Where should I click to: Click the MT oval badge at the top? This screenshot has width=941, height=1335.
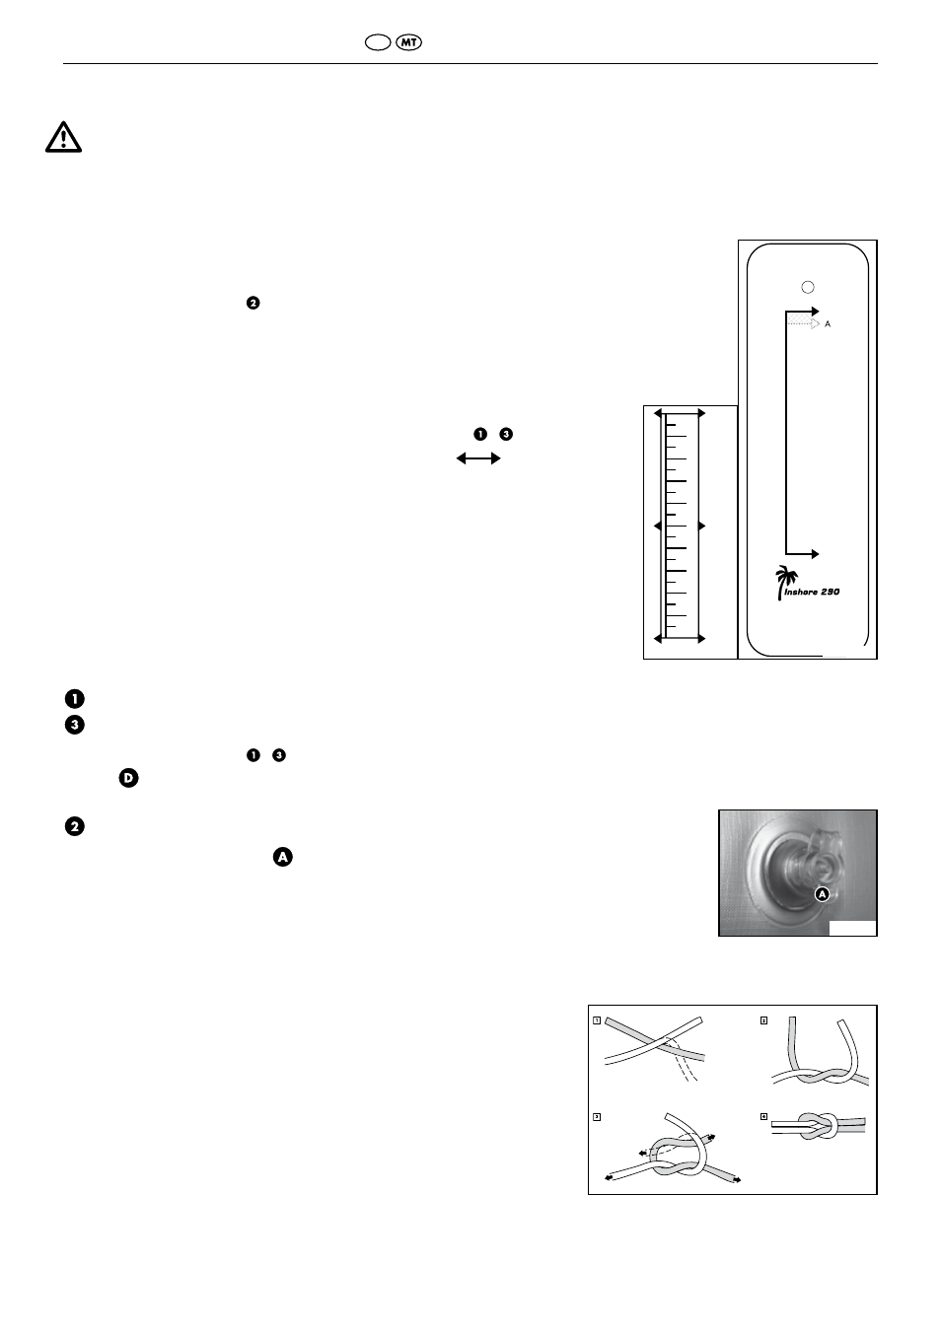(x=408, y=42)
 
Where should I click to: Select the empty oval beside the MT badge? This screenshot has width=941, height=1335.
(x=378, y=42)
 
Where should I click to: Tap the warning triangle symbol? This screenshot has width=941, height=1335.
(x=64, y=137)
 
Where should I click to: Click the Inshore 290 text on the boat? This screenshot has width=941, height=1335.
(x=812, y=592)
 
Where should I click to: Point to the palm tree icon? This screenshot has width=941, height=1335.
(x=785, y=583)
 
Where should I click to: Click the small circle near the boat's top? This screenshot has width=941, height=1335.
(x=808, y=287)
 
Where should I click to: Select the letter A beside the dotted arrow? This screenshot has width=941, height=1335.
(x=828, y=324)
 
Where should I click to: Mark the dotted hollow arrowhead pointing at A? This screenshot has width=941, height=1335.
(x=816, y=324)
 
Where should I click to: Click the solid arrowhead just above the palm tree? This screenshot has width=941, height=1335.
(x=815, y=554)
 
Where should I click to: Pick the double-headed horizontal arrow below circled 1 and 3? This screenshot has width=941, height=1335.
(x=478, y=458)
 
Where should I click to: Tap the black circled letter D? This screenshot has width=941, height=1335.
(x=129, y=778)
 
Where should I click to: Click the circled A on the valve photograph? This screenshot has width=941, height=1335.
(x=822, y=894)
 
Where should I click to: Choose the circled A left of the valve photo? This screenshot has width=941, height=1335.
(x=283, y=857)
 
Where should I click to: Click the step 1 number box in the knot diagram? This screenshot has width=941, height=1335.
(x=597, y=1020)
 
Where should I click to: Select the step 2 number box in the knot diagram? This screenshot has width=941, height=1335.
(x=763, y=1020)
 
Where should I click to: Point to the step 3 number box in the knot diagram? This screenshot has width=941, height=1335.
(x=597, y=1117)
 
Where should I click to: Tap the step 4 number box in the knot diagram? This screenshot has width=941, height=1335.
(x=763, y=1116)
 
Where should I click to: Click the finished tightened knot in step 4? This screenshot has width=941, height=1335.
(x=818, y=1126)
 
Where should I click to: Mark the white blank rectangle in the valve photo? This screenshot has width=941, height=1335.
(x=852, y=928)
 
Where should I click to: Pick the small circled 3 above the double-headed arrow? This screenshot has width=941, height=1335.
(x=506, y=435)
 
